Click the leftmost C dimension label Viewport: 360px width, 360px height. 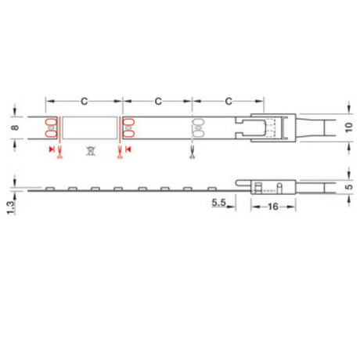84,101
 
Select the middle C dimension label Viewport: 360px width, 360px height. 158,101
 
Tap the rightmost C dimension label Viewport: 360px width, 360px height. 229,101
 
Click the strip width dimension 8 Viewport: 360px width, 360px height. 15,128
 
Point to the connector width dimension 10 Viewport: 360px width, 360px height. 349,128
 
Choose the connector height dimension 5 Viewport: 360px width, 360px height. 349,187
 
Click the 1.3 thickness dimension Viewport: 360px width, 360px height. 11,207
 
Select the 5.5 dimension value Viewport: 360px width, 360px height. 218,203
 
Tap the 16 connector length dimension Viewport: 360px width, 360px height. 273,207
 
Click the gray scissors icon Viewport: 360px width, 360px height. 193,153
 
